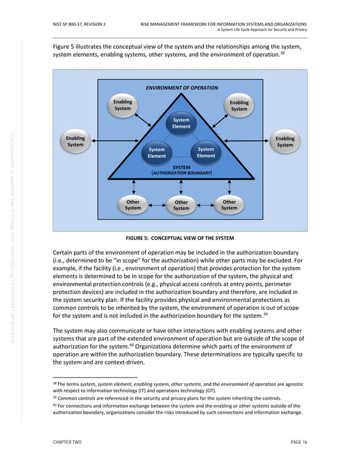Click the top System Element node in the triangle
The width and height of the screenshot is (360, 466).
pyautogui.click(x=181, y=123)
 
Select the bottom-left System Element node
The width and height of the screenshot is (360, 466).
pyautogui.click(x=156, y=153)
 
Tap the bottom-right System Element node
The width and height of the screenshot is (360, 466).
pyautogui.click(x=206, y=152)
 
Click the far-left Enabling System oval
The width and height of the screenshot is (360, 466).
pyautogui.click(x=75, y=142)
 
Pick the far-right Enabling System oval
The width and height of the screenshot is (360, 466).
pyautogui.click(x=285, y=142)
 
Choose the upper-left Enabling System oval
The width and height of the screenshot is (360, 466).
pyautogui.click(x=122, y=105)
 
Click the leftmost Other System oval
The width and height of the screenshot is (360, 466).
pyautogui.click(x=133, y=205)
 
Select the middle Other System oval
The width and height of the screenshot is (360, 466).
pyautogui.click(x=181, y=205)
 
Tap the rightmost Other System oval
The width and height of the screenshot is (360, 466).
pyautogui.click(x=229, y=205)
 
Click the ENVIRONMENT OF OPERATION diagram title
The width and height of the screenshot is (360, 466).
pyautogui.click(x=182, y=88)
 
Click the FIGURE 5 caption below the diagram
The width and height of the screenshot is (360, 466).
pyautogui.click(x=180, y=238)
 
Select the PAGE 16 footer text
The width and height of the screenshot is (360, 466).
pyautogui.click(x=298, y=442)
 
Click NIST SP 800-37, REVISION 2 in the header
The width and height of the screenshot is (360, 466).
pyautogui.click(x=79, y=24)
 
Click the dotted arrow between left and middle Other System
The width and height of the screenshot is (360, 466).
pyautogui.click(x=157, y=205)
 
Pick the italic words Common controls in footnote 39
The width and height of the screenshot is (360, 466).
pyautogui.click(x=78, y=398)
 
